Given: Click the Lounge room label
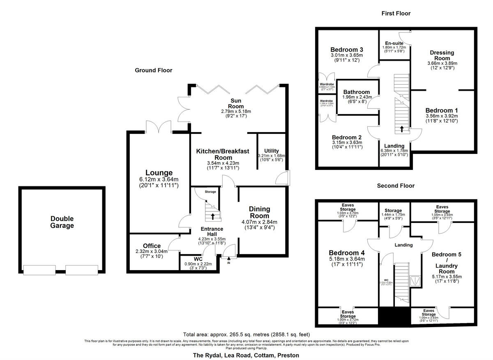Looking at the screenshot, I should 159,173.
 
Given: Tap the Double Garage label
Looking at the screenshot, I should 62,222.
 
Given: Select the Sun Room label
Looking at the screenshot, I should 236,103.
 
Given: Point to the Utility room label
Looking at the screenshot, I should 272,151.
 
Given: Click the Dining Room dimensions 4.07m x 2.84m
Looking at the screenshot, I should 259,222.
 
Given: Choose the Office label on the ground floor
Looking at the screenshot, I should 152,246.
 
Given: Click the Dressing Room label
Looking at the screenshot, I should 442,55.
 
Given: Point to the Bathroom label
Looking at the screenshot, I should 357,92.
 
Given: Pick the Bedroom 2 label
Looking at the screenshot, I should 347,137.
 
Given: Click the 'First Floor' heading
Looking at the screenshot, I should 396,14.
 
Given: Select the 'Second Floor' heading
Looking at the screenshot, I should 396,186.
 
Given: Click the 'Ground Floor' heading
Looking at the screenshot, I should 154,70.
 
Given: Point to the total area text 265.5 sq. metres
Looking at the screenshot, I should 246,334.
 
